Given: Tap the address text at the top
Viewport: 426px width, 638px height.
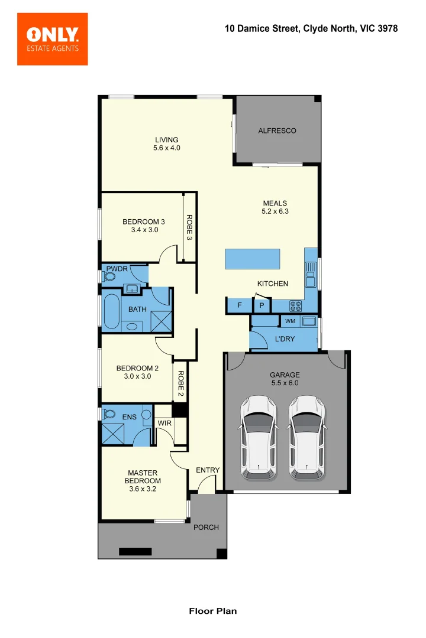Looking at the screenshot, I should click(x=311, y=28).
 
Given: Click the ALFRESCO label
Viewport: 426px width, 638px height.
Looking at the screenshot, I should click(x=277, y=131).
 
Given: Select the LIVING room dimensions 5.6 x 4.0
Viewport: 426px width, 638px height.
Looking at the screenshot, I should click(x=166, y=148).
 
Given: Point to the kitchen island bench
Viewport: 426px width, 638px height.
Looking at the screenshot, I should click(x=253, y=259).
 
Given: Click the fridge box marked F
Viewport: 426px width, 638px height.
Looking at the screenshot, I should click(x=240, y=305).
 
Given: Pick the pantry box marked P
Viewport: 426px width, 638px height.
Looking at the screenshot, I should click(x=262, y=305).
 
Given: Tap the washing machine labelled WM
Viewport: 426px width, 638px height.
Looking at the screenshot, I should click(x=290, y=321).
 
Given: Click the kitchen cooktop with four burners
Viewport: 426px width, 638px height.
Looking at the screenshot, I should click(x=295, y=305).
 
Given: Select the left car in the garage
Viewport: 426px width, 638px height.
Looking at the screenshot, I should click(x=258, y=437).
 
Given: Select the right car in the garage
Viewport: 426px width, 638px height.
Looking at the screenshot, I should click(x=307, y=437).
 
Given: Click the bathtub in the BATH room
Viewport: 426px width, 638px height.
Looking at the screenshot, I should click(x=111, y=311).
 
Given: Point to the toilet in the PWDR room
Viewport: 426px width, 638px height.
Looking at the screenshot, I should click(x=109, y=275).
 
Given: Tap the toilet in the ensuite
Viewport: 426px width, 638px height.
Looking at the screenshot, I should click(x=109, y=414).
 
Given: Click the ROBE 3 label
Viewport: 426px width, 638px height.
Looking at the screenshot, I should click(x=189, y=227).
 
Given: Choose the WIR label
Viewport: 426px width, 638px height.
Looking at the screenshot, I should click(x=164, y=424).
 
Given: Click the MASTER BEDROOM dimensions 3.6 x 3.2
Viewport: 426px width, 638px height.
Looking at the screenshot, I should click(x=143, y=489).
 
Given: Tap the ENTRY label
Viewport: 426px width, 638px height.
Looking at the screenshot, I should click(x=208, y=470).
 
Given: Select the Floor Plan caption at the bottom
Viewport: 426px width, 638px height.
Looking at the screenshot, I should click(x=212, y=611).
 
